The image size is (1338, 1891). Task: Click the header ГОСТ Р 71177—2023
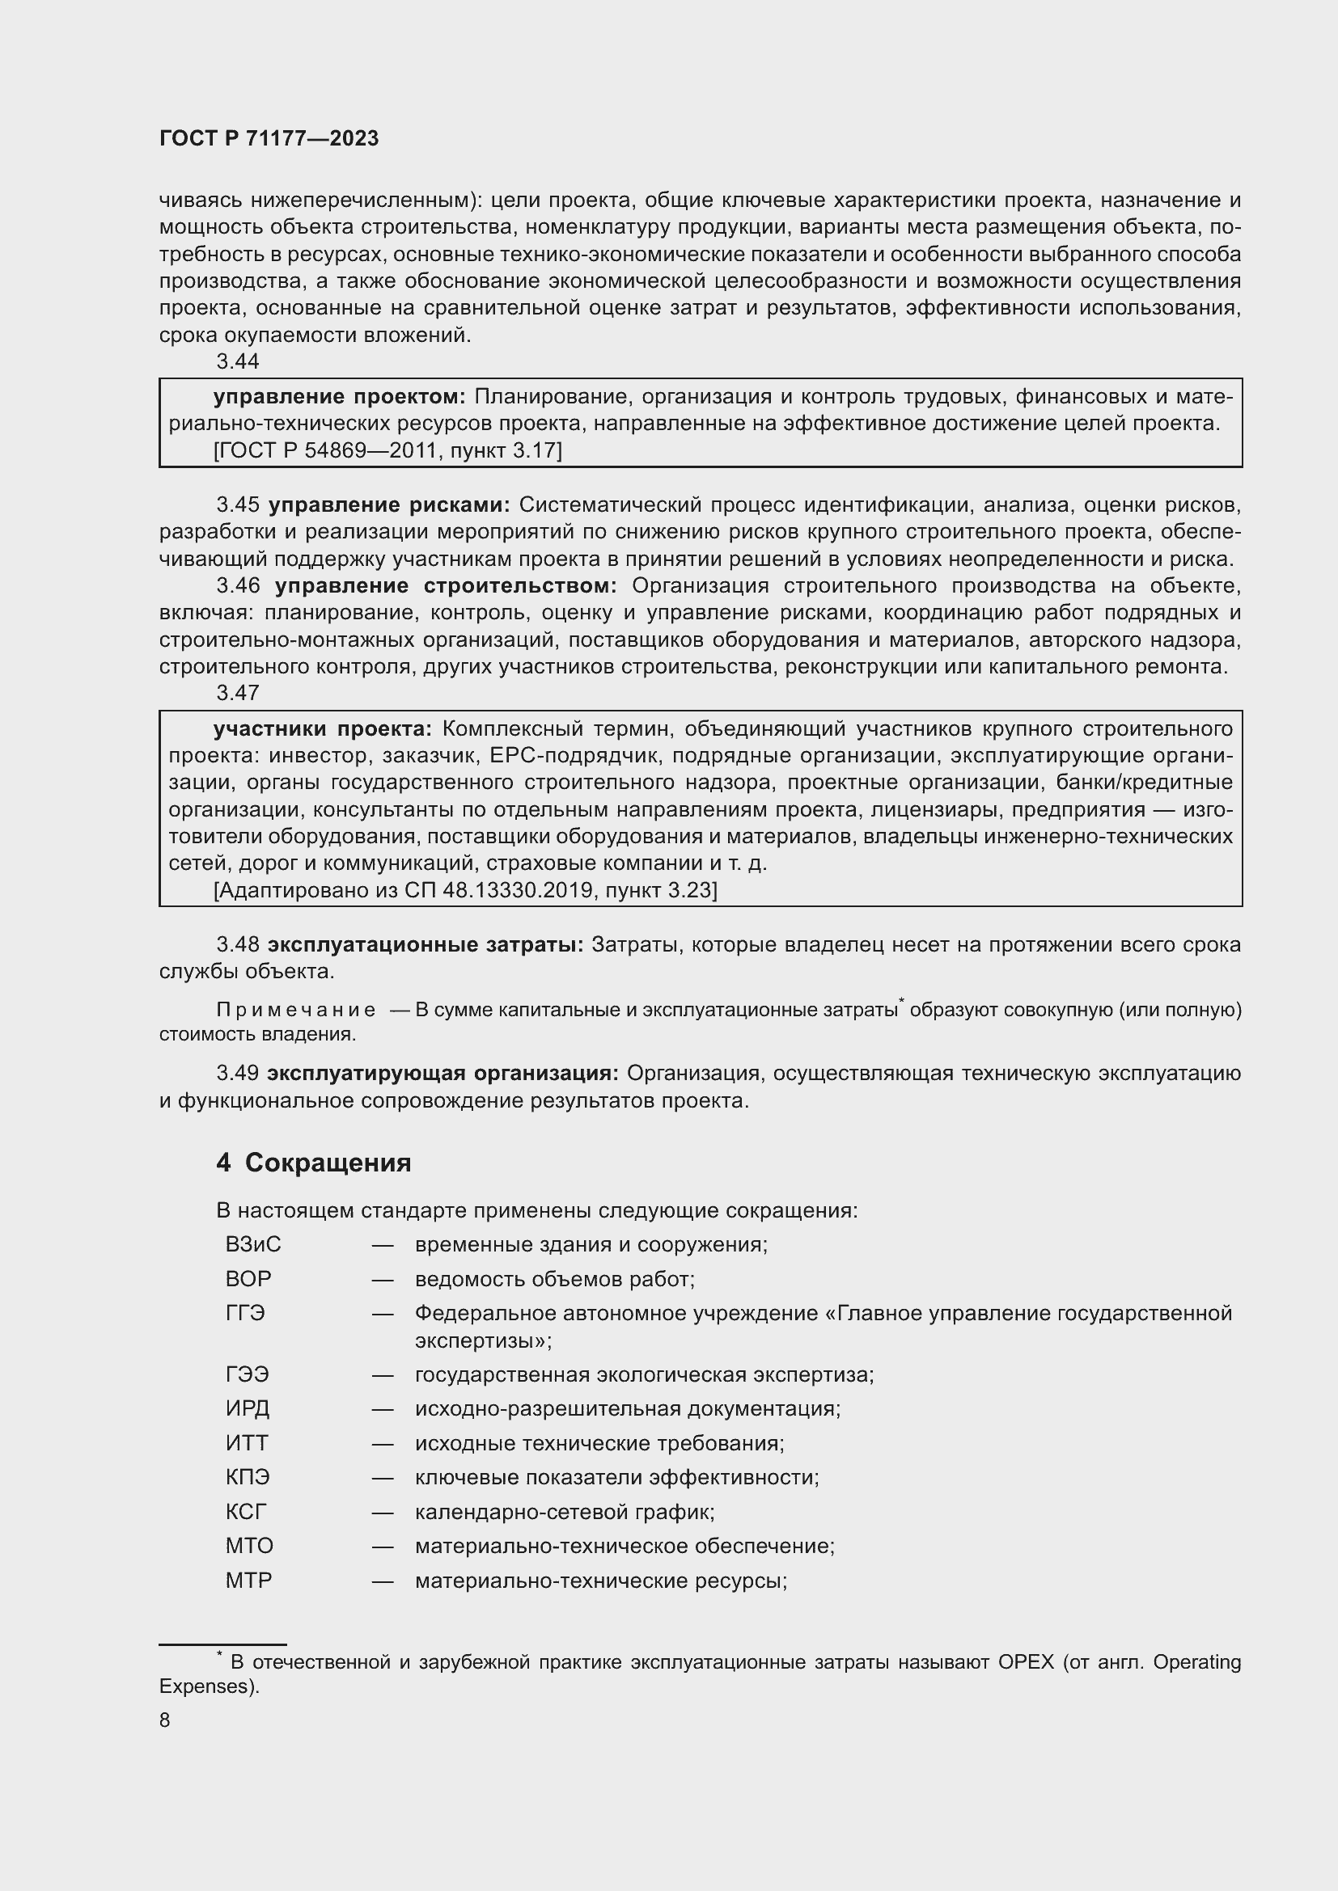click(269, 138)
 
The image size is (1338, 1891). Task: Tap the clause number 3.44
click(237, 361)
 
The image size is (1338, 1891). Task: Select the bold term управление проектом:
click(340, 397)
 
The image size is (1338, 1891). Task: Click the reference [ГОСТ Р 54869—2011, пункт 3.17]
click(387, 450)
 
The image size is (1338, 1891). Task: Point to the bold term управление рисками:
click(389, 504)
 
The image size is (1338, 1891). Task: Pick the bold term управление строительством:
click(446, 585)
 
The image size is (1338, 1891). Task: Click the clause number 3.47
click(237, 693)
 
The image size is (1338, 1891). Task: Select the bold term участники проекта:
click(322, 729)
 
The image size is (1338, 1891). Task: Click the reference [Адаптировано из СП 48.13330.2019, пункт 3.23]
click(464, 890)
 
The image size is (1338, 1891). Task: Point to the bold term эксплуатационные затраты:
click(426, 944)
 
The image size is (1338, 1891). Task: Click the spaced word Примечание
click(296, 1010)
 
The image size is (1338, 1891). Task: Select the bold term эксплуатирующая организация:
click(442, 1073)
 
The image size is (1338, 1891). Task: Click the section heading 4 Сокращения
click(313, 1162)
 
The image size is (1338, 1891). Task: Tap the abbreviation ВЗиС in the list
click(253, 1243)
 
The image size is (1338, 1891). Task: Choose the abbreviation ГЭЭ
click(248, 1374)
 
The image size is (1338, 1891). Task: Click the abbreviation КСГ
click(247, 1511)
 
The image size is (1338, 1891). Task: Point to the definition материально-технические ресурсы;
click(600, 1581)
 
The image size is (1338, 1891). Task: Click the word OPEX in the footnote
click(1026, 1662)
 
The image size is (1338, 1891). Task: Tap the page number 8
click(165, 1720)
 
